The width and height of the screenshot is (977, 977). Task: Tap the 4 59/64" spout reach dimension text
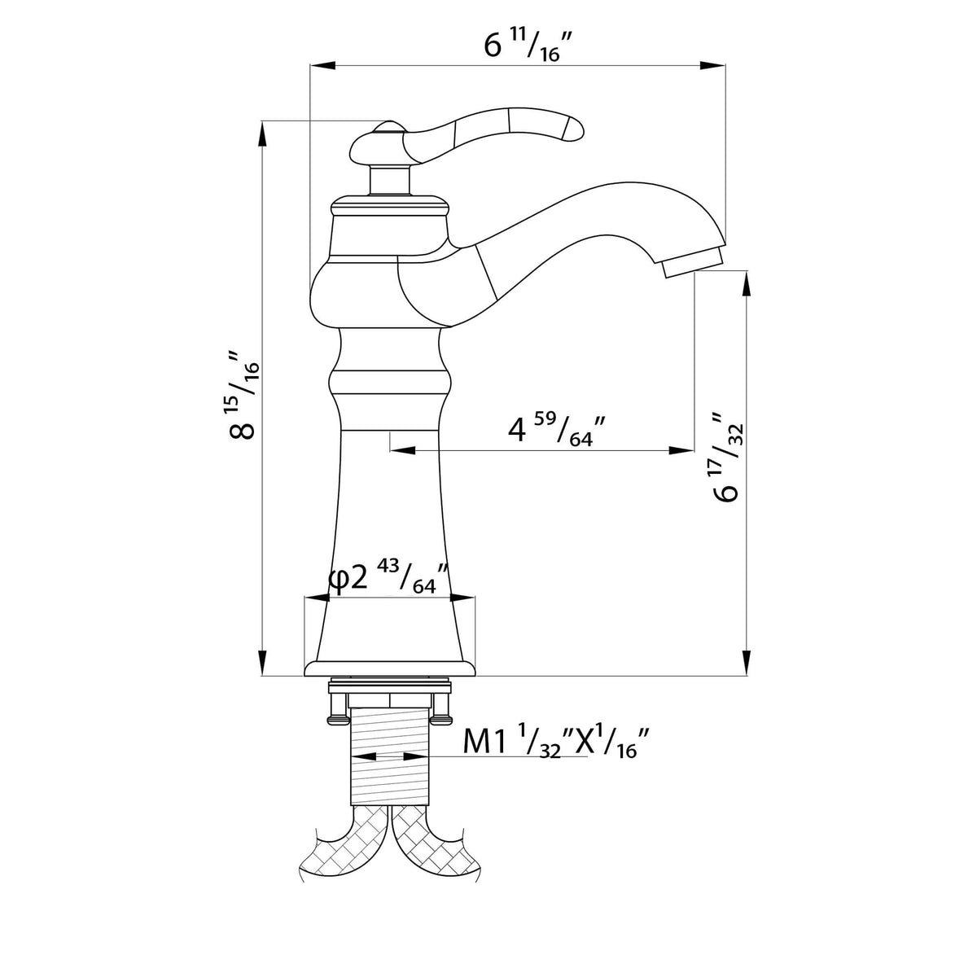(x=556, y=431)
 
